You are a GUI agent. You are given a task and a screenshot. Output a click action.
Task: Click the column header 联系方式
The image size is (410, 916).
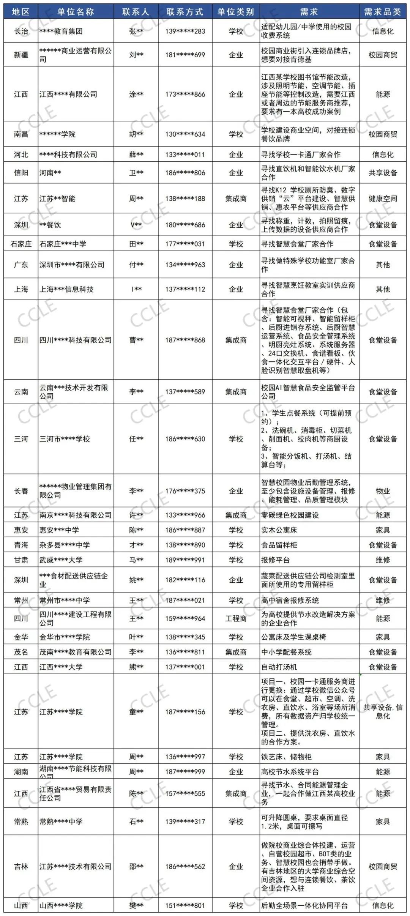(x=185, y=12)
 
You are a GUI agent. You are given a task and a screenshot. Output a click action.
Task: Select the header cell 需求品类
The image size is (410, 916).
(x=383, y=12)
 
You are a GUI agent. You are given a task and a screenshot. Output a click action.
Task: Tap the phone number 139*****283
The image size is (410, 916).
(x=185, y=31)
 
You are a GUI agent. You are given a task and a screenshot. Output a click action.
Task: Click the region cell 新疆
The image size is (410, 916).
(x=21, y=55)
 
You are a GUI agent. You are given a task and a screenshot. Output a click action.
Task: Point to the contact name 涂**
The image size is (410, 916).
(x=136, y=94)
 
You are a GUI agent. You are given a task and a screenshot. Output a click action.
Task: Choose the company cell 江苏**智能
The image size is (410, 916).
(x=58, y=199)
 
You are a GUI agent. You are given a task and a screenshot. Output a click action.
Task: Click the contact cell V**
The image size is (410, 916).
(x=136, y=225)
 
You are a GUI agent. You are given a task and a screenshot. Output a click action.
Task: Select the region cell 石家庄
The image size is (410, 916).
(x=21, y=244)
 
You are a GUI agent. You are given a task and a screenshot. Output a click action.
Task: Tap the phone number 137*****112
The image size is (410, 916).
(x=185, y=289)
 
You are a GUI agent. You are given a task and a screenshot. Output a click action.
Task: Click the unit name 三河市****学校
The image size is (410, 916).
(x=65, y=439)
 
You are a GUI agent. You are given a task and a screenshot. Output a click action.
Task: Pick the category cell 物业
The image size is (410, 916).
(x=383, y=491)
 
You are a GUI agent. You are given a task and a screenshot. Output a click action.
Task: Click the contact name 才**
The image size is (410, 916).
(x=136, y=545)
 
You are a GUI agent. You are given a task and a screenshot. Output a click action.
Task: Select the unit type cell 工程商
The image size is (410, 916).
(x=236, y=618)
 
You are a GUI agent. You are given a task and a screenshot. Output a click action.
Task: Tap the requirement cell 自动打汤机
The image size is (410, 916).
(x=279, y=667)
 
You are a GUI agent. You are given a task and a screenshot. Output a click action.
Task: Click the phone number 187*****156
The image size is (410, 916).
(x=185, y=712)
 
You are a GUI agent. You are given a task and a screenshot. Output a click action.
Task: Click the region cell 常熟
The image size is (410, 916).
(x=21, y=821)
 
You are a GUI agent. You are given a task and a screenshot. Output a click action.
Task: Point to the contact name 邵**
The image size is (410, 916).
(x=136, y=867)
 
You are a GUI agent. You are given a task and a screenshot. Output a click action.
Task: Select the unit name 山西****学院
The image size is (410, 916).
(x=61, y=905)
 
